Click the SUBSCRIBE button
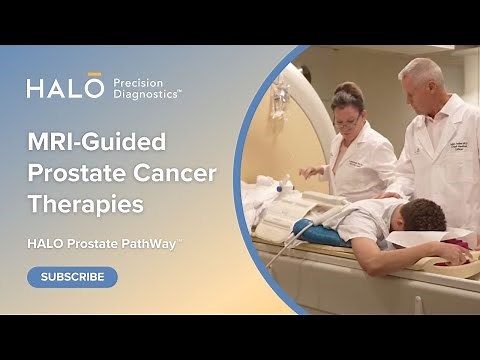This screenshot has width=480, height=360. point(72,277)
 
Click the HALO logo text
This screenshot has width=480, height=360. point(65,88)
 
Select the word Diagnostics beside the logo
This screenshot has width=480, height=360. point(146,96)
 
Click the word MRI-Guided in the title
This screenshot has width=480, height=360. point(97,141)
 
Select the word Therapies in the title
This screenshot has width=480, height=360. point(85,205)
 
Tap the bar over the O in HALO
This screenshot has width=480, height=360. point(95,74)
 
